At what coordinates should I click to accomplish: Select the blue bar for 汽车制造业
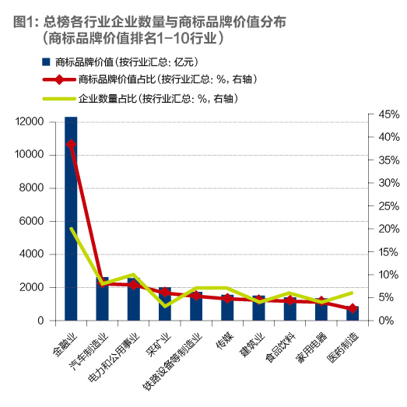pyautogui.click(x=102, y=299)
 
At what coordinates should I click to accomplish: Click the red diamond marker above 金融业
pyautogui.click(x=71, y=144)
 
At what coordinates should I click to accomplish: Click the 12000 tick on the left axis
pyautogui.click(x=31, y=121)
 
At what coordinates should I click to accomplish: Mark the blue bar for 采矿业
pyautogui.click(x=164, y=303)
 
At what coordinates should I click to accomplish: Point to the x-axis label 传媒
pyautogui.click(x=224, y=336)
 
